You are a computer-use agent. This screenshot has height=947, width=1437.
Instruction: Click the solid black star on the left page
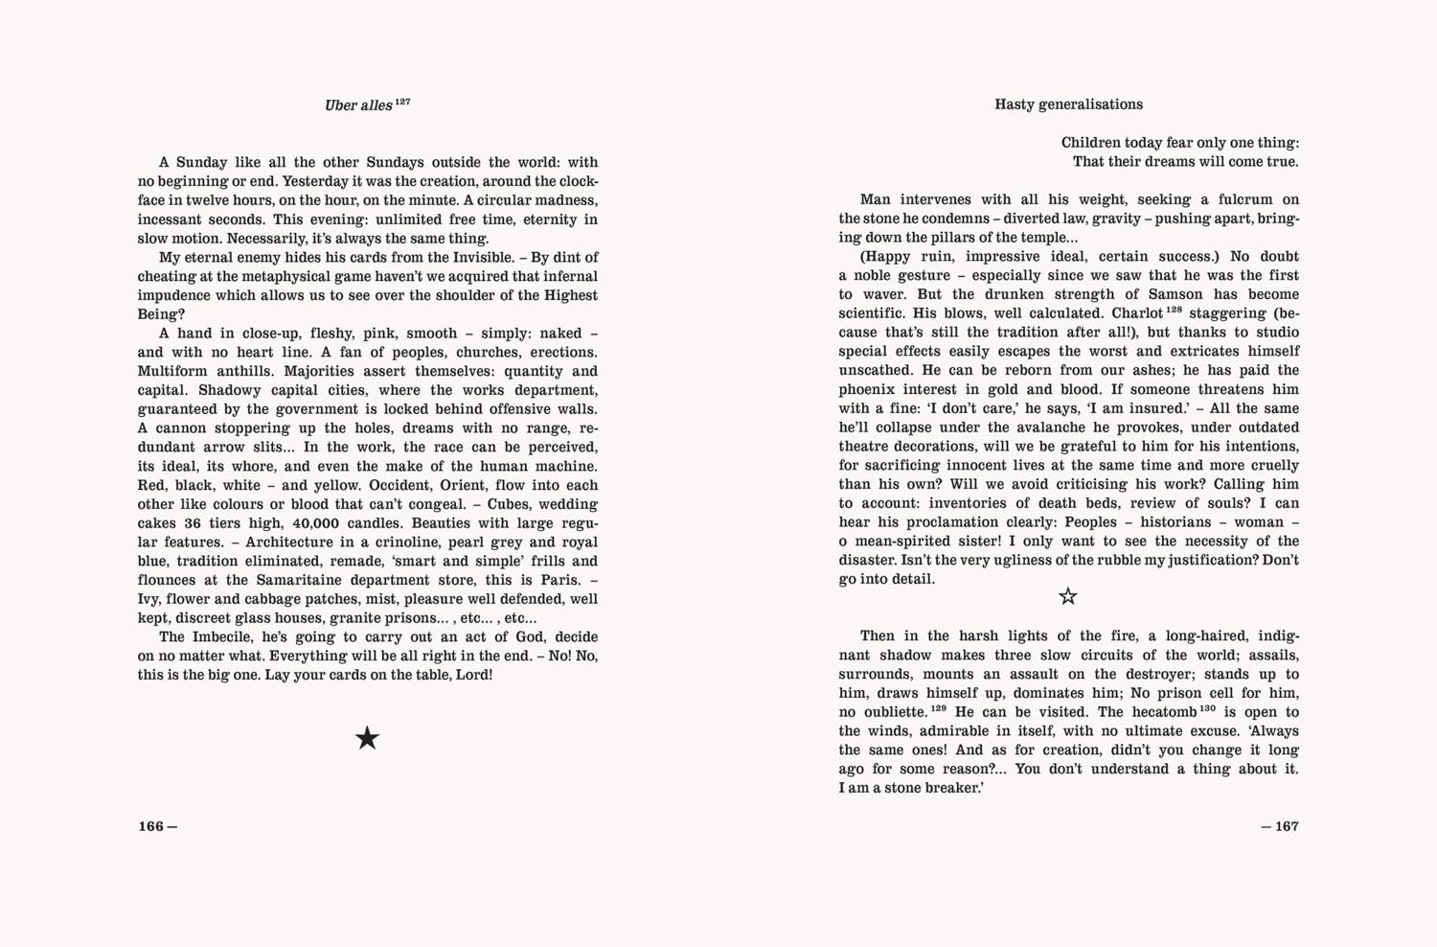[367, 738]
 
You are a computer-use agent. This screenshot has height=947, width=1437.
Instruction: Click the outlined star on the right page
[1068, 596]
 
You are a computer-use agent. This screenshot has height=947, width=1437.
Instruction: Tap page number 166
[151, 826]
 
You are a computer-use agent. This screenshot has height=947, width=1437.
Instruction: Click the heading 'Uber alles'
[358, 105]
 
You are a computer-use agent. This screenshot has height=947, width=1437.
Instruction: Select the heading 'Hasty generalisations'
[1068, 104]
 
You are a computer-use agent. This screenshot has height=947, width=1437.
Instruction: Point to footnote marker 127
[402, 101]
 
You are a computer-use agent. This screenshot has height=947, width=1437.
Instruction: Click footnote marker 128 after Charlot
[1175, 310]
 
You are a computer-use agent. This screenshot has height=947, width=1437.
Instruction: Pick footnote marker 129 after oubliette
[938, 708]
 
